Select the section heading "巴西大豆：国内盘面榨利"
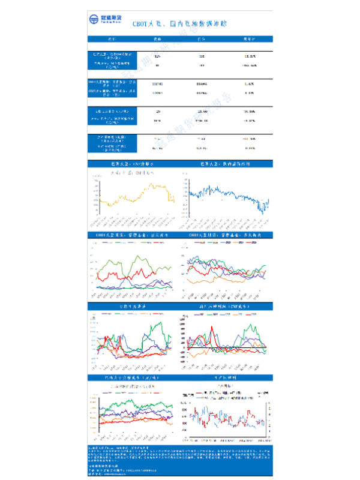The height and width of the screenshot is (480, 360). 224,163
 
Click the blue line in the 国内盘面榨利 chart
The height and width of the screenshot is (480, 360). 228,195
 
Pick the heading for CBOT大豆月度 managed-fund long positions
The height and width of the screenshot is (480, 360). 224,235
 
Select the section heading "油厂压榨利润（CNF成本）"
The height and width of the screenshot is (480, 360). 224,307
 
